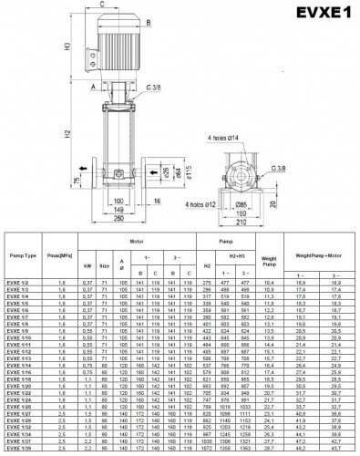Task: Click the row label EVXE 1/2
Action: pos(18,285)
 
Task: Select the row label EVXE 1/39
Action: pos(19,450)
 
